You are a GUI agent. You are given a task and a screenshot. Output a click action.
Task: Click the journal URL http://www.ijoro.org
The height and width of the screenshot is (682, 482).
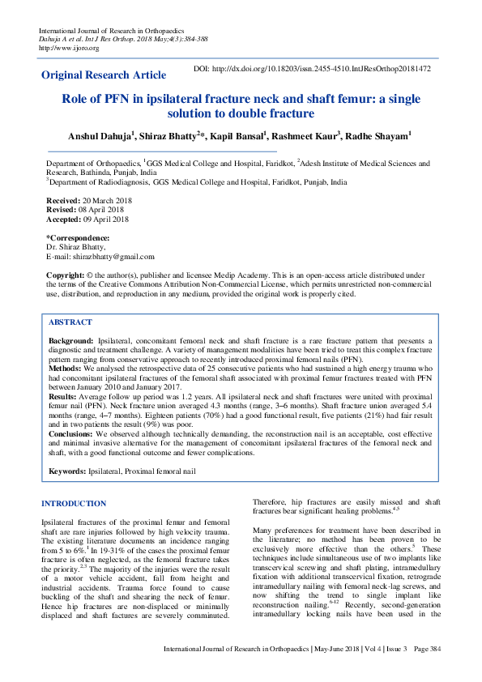tap(69, 48)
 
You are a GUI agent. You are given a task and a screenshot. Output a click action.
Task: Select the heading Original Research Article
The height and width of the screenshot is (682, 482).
tap(103, 75)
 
